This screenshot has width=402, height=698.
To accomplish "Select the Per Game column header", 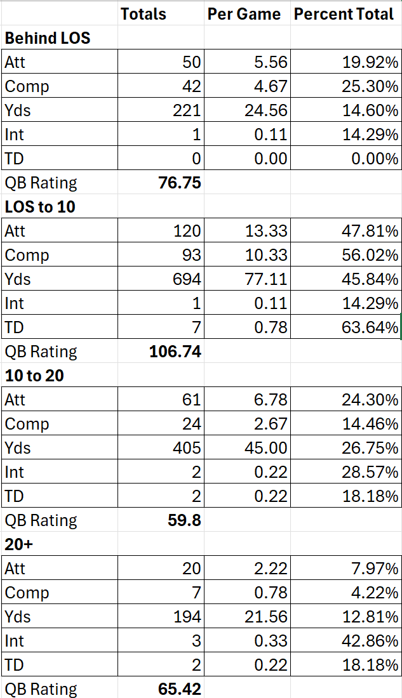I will coord(244,14).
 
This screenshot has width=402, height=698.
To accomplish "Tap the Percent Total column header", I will coord(344,14).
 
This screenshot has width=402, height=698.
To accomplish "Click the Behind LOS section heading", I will coord(48,38).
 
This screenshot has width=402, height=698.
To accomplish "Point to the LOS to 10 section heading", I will coord(40,207).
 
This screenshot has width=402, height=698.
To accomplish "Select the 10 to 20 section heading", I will coord(34,376).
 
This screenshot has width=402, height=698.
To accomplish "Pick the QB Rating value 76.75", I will coord(179,183).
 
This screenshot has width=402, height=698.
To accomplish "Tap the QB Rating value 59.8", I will coord(184,521).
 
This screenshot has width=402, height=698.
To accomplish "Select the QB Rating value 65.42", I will coord(179,689).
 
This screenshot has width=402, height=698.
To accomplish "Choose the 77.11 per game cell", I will coord(266,280).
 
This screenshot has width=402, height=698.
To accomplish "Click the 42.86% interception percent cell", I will coord(371,642).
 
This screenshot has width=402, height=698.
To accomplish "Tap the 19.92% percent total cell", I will coord(371,62).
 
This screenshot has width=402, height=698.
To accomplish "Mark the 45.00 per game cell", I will coord(266,449).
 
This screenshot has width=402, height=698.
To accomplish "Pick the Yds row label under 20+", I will coord(17,617).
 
